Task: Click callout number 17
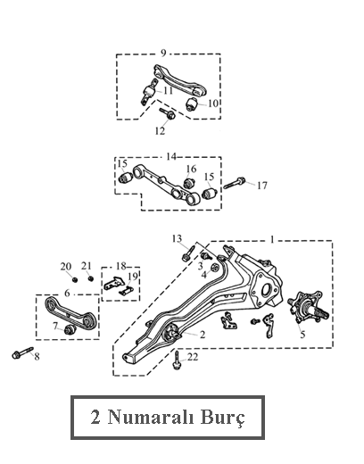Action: pyautogui.click(x=262, y=186)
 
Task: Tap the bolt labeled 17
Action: pyautogui.click(x=235, y=183)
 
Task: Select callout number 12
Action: pyautogui.click(x=160, y=130)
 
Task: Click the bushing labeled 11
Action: pyautogui.click(x=148, y=92)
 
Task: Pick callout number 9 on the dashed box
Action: pyautogui.click(x=163, y=53)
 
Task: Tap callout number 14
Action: pyautogui.click(x=171, y=156)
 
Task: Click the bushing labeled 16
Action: pyautogui.click(x=189, y=183)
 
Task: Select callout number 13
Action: pyautogui.click(x=177, y=238)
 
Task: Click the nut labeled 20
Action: pyautogui.click(x=75, y=279)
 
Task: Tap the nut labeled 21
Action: pyautogui.click(x=91, y=278)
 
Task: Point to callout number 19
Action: pyautogui.click(x=133, y=277)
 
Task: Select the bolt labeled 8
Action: pyautogui.click(x=22, y=352)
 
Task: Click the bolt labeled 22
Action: pyautogui.click(x=177, y=360)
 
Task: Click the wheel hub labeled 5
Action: pyautogui.click(x=308, y=308)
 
